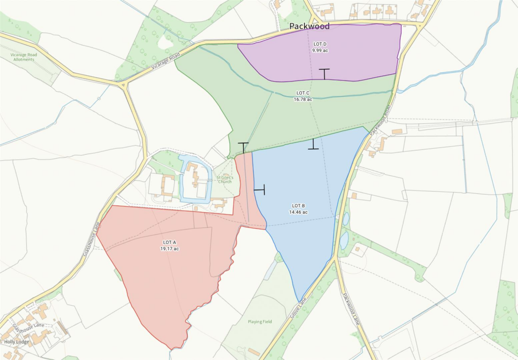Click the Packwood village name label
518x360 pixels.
(x=309, y=26)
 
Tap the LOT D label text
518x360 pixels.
(x=320, y=44)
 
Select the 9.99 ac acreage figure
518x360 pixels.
(x=320, y=51)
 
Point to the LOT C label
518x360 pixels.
(x=303, y=93)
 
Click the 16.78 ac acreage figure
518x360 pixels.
(x=303, y=99)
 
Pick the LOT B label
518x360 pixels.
(x=298, y=206)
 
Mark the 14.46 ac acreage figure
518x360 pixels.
(x=298, y=212)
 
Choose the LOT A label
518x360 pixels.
(x=169, y=242)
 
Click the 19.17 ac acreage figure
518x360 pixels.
(x=169, y=249)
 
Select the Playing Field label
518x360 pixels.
(x=260, y=322)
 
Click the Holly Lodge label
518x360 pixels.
(x=17, y=342)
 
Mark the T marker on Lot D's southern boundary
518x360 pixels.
(x=324, y=74)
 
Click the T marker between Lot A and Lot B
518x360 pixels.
(x=260, y=190)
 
